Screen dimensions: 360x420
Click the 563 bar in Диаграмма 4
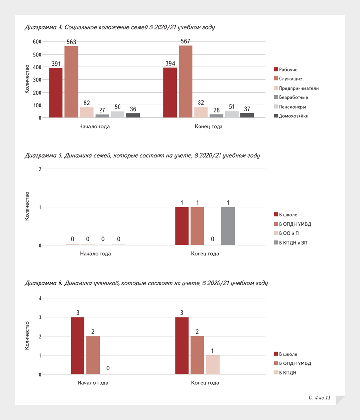pos(71,82)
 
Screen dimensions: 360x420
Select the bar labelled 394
pos(170,93)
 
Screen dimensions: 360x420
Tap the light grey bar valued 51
pos(232,115)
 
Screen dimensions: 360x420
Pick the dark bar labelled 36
pos(133,115)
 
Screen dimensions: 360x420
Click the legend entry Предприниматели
pos(296,88)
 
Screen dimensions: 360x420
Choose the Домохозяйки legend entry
pos(291,116)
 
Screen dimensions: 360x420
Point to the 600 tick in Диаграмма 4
pos(37,42)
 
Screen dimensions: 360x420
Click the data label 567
pos(185,41)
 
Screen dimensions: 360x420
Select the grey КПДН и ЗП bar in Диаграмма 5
pos(228,226)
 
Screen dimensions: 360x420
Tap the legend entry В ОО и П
pos(286,233)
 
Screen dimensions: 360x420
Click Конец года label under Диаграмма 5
pos(205,254)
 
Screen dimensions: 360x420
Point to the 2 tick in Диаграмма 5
pos(40,169)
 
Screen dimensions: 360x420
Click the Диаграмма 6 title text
pos(146,283)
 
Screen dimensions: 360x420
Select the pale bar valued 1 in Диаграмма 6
pos(213,364)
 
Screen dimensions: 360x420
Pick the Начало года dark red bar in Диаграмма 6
pos(78,345)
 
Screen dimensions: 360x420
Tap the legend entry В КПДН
pos(285,373)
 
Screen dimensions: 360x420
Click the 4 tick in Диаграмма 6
pos(40,298)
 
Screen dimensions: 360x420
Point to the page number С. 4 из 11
pos(320,398)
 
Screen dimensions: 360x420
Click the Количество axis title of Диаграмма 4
pos(27,79)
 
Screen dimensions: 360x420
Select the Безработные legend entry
pos(291,97)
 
